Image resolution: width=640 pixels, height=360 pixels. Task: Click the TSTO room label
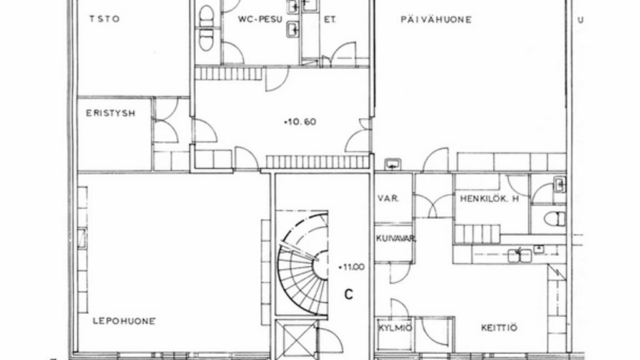tap(104, 19)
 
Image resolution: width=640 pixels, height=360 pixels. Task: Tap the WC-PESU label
tap(261, 19)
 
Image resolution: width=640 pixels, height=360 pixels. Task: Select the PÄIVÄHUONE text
tap(436, 19)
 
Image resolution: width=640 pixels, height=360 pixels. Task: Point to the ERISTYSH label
tap(111, 113)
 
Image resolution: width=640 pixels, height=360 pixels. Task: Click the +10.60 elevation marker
tap(300, 122)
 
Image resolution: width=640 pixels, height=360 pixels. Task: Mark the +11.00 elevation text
tap(351, 267)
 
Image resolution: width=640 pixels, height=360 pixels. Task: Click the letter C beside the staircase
tap(349, 294)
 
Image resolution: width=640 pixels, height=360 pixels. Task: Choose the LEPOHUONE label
tap(124, 321)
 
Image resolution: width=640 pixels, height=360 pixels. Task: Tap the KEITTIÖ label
tap(499, 327)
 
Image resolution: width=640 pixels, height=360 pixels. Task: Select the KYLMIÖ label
tap(395, 328)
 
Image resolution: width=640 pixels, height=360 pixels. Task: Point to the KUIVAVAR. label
tap(396, 239)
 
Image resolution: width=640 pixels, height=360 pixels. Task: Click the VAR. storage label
tap(388, 199)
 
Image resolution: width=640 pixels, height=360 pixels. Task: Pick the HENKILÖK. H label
tap(489, 199)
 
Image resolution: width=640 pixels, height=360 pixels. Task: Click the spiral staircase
tap(303, 263)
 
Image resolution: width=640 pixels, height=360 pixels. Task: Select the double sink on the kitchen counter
tap(519, 256)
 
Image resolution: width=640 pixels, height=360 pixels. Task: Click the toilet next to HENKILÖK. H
tap(555, 219)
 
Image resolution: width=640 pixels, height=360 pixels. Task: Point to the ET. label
tap(330, 19)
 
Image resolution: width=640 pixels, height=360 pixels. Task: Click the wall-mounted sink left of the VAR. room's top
tap(393, 164)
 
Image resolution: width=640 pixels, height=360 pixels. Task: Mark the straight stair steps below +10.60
tap(317, 162)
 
